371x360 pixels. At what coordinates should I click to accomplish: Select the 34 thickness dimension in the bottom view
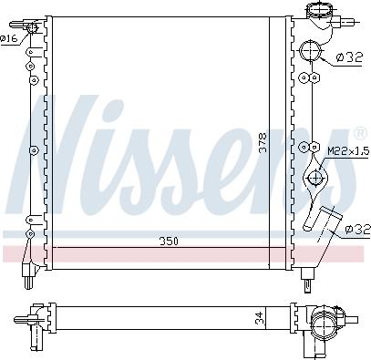(x=258, y=318)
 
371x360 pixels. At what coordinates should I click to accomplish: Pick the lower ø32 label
(x=357, y=230)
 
